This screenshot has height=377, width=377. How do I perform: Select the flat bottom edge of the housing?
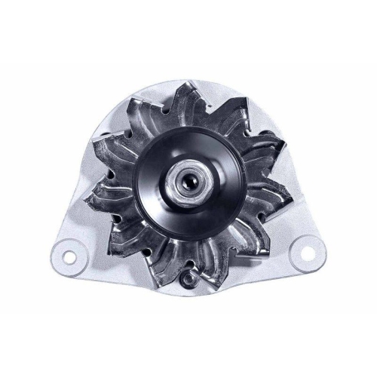188,299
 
